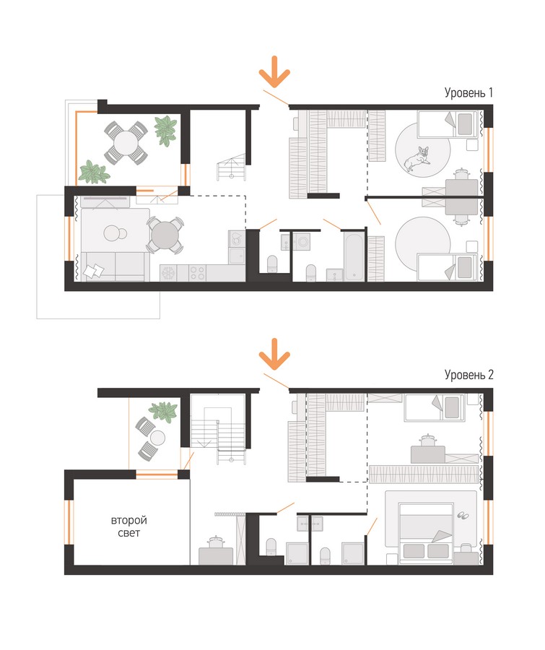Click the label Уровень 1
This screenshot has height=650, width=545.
(x=468, y=92)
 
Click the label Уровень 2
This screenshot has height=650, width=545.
(x=468, y=375)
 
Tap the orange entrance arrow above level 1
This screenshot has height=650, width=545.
(x=274, y=71)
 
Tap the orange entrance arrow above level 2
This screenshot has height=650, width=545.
(x=274, y=354)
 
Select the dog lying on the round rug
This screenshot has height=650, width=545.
(x=417, y=158)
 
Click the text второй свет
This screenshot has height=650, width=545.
(x=129, y=526)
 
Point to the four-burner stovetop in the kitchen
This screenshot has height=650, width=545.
(x=197, y=273)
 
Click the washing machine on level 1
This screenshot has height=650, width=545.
(x=302, y=241)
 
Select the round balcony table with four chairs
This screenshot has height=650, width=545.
(x=126, y=142)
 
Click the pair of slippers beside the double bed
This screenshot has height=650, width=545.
(x=463, y=515)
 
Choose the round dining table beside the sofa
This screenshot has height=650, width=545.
(x=165, y=235)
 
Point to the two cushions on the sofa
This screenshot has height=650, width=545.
(x=94, y=270)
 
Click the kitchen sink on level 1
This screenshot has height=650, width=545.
(x=237, y=256)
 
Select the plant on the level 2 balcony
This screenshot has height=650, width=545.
(x=163, y=411)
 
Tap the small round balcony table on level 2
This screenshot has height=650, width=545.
(x=157, y=438)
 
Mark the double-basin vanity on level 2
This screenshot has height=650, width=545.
(x=310, y=524)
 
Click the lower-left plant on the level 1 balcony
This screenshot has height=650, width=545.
(x=95, y=173)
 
